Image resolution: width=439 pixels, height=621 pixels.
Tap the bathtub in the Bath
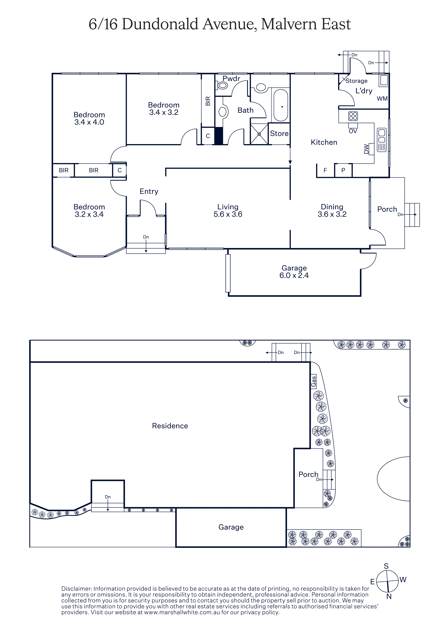tap(281, 105)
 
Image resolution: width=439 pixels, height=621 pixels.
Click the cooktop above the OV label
tap(353, 116)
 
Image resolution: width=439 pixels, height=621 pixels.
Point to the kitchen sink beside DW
tap(382, 140)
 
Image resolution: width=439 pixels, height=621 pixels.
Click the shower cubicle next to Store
tap(259, 134)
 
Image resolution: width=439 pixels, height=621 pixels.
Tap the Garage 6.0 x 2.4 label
tap(294, 272)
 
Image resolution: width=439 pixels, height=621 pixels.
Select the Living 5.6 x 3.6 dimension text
tap(228, 214)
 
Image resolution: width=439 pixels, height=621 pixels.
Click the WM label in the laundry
tap(382, 99)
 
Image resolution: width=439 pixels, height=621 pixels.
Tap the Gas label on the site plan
tap(313, 381)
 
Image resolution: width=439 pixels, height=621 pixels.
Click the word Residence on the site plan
tap(170, 426)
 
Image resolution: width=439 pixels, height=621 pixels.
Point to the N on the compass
tap(389, 596)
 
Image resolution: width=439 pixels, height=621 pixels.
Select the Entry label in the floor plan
tap(149, 192)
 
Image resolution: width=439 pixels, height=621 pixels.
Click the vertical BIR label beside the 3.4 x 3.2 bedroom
tap(208, 101)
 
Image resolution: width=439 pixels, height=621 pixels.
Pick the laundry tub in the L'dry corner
tap(384, 80)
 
